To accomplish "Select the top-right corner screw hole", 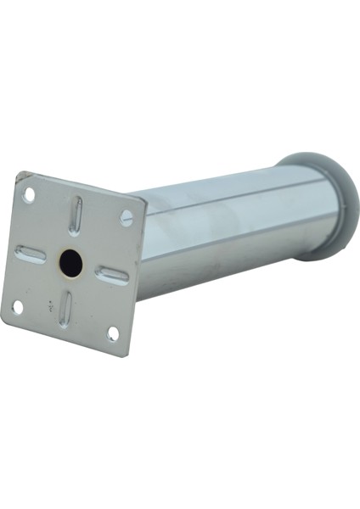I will [x=127, y=218].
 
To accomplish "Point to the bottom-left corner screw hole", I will [x=17, y=306].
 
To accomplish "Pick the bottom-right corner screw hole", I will [x=112, y=334].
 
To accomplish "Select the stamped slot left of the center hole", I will [x=30, y=252].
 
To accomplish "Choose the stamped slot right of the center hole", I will [x=112, y=273].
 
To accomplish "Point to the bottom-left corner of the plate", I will [x=3, y=320].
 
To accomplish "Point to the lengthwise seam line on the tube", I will [x=229, y=204].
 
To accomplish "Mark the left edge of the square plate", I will [x=10, y=246].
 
